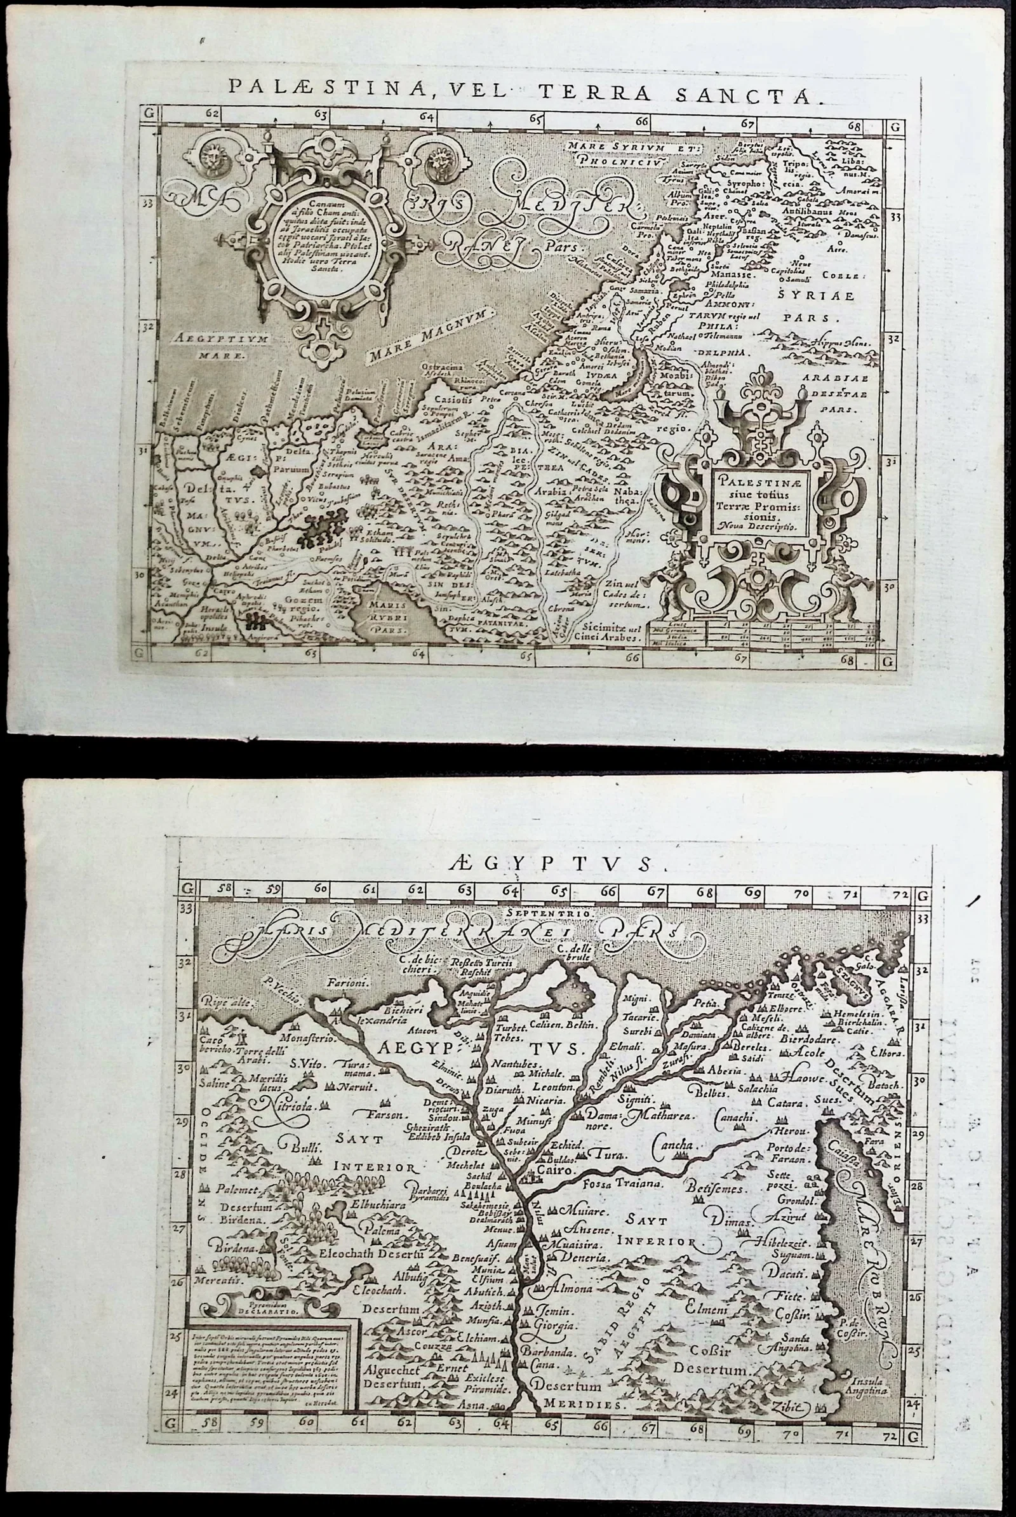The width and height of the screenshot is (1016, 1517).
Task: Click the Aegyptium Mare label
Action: [x=220, y=346]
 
